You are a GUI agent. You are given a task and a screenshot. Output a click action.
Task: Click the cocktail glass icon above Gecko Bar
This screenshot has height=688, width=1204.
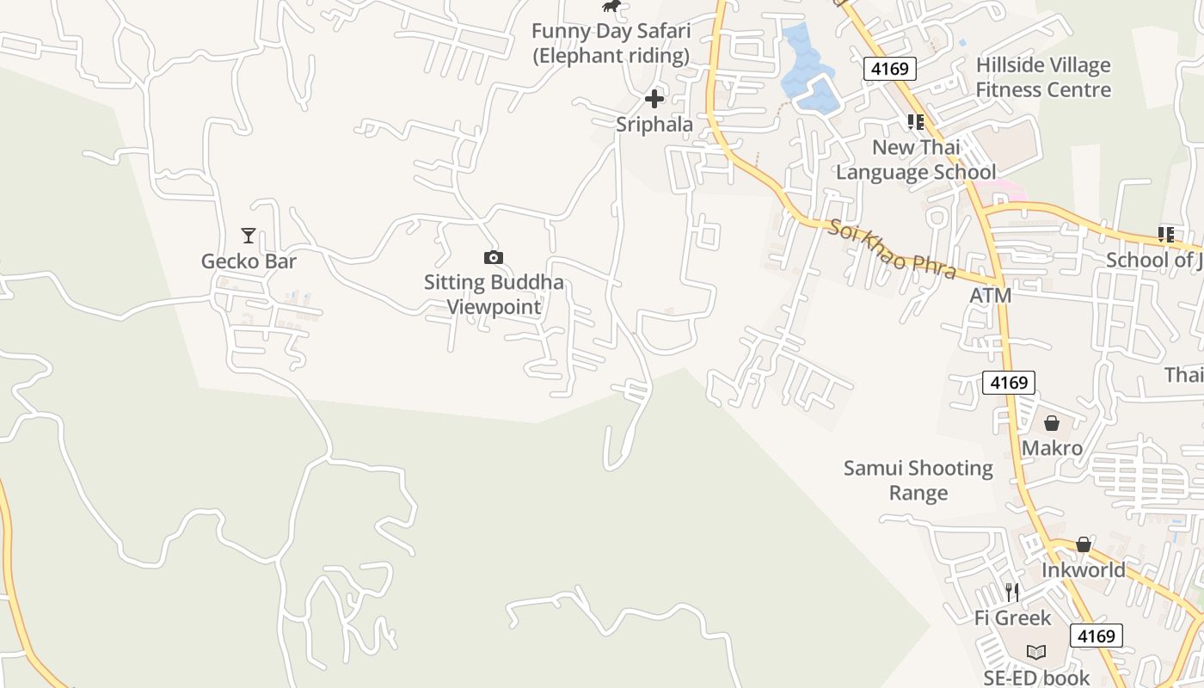click(x=249, y=235)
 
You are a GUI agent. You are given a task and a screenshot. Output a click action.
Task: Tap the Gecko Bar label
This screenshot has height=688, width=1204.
click(x=249, y=261)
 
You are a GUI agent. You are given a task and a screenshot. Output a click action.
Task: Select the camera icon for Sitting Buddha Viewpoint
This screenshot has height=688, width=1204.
click(x=494, y=257)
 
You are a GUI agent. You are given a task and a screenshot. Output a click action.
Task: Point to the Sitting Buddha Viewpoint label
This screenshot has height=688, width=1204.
click(x=494, y=294)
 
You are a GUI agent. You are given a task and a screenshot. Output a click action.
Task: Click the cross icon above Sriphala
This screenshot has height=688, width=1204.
click(x=654, y=99)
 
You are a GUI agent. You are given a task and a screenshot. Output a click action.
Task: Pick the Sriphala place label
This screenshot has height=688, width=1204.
click(x=654, y=125)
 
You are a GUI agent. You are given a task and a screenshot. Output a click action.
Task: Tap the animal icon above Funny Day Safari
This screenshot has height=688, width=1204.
click(x=611, y=7)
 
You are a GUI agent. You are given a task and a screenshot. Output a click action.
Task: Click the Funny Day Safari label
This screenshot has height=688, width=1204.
click(x=611, y=44)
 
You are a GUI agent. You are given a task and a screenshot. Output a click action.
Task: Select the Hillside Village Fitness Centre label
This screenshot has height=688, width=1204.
click(x=1043, y=77)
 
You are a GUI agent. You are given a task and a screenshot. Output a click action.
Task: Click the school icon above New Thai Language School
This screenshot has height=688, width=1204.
click(x=916, y=122)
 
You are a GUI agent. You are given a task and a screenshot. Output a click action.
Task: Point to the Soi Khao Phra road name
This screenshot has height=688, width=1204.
click(x=893, y=249)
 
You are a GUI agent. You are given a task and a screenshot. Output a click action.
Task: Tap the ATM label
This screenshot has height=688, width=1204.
click(x=991, y=296)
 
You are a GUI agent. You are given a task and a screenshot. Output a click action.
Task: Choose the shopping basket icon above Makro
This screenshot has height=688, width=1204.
click(x=1052, y=423)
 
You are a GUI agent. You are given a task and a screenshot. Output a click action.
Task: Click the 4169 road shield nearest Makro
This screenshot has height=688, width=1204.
click(x=1009, y=383)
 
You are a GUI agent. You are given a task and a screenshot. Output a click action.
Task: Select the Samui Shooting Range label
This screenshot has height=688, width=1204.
click(x=918, y=481)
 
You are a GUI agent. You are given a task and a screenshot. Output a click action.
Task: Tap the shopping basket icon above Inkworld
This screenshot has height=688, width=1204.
click(x=1084, y=544)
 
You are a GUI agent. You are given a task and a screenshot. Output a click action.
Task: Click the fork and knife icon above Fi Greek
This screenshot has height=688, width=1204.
click(x=1012, y=593)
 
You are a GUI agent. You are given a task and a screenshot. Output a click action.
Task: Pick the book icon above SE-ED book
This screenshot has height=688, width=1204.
click(x=1036, y=653)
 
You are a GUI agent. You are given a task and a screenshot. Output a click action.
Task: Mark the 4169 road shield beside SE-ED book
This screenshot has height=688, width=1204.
click(x=1096, y=636)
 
